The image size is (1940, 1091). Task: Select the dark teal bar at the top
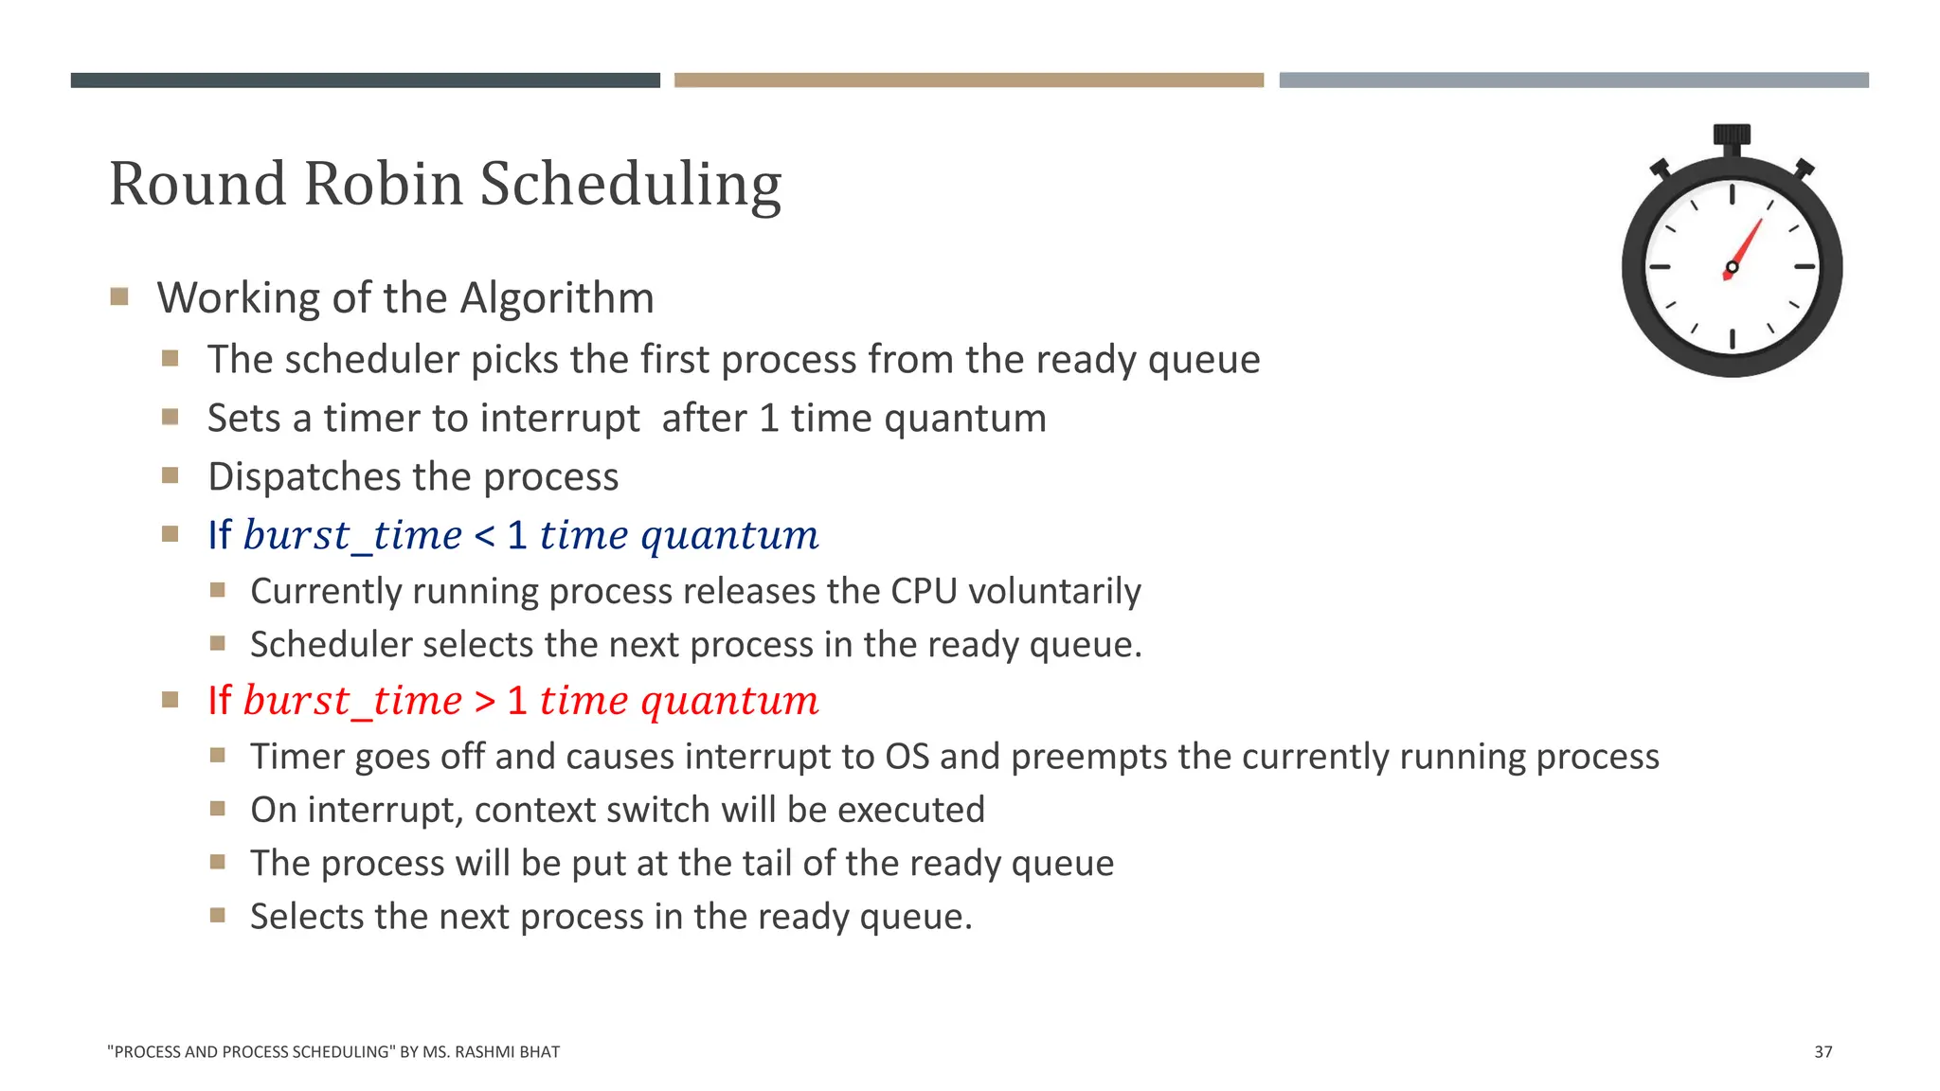point(365,80)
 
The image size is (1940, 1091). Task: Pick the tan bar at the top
point(968,80)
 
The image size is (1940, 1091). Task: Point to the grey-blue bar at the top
point(1573,80)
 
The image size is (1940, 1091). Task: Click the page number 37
point(1823,1052)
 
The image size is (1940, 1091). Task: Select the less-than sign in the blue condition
point(484,536)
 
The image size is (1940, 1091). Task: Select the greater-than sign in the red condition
point(484,702)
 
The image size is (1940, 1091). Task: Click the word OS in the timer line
point(907,758)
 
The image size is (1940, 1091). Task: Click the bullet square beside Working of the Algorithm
point(119,297)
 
